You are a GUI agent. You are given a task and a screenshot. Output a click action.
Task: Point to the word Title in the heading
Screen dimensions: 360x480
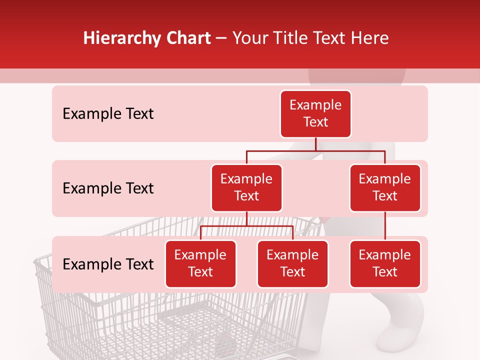(294, 38)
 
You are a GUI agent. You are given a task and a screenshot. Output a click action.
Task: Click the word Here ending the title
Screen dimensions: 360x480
(370, 38)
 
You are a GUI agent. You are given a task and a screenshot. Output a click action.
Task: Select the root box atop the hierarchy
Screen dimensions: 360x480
(315, 113)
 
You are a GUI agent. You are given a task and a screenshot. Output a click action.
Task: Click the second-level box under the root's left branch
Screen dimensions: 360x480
(246, 187)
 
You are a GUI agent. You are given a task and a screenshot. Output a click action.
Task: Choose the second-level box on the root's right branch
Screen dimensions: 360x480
(385, 187)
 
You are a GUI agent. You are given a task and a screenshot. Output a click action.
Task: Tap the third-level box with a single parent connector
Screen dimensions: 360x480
(385, 263)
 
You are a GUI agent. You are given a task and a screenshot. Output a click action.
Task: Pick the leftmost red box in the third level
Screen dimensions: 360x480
(200, 263)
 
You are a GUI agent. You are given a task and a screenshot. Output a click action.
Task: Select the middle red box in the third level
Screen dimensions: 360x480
(292, 263)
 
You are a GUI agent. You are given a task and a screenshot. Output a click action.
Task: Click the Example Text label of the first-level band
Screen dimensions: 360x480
(108, 113)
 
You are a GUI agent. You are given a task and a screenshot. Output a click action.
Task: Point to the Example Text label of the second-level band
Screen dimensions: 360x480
(108, 188)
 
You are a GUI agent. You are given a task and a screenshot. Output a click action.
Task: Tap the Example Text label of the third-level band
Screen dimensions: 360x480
(108, 264)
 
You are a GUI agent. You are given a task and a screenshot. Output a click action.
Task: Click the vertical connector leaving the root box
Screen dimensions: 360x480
(315, 144)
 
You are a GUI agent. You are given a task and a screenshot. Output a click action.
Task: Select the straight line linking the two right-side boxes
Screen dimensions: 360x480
(385, 226)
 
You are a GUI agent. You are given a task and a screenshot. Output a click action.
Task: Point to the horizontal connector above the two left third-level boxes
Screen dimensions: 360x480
(246, 226)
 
